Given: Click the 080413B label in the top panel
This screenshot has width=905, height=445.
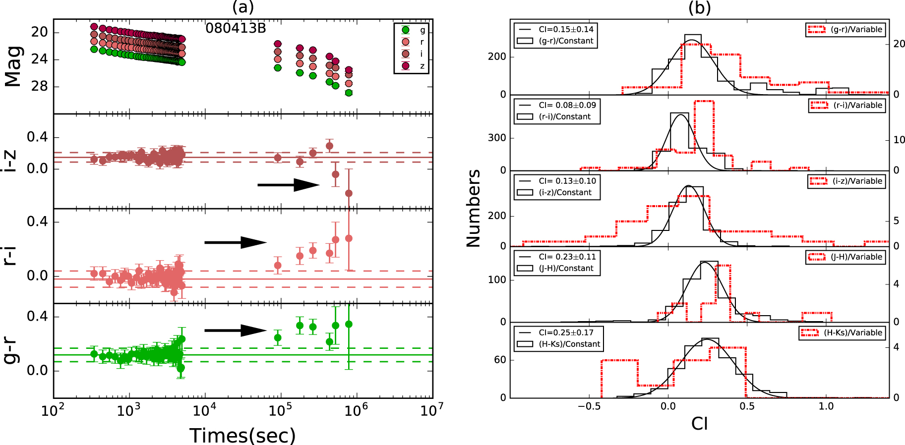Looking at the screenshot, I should [236, 28].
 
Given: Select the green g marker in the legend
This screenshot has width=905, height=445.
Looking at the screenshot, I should [406, 30].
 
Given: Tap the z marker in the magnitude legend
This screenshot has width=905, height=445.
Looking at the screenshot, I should [406, 66].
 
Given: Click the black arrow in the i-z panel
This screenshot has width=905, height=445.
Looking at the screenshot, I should [288, 185].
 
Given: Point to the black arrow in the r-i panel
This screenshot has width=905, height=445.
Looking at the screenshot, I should [236, 242].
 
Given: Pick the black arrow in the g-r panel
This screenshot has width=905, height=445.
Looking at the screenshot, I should [236, 331].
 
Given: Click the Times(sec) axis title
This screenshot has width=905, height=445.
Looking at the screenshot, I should [242, 435].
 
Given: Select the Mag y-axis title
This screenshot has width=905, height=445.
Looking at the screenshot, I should [13, 66].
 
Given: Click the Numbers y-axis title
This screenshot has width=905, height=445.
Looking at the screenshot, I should [474, 208].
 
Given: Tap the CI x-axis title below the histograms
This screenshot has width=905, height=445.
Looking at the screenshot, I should [699, 424].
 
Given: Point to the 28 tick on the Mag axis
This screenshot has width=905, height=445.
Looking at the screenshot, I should [39, 86].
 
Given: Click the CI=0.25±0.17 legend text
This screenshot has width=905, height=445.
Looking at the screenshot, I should [566, 333].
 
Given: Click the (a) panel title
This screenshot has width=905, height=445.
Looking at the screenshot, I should [243, 7].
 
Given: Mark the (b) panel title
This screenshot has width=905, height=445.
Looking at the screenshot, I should [699, 7].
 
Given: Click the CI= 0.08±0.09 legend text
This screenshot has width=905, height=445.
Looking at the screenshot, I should [567, 105].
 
